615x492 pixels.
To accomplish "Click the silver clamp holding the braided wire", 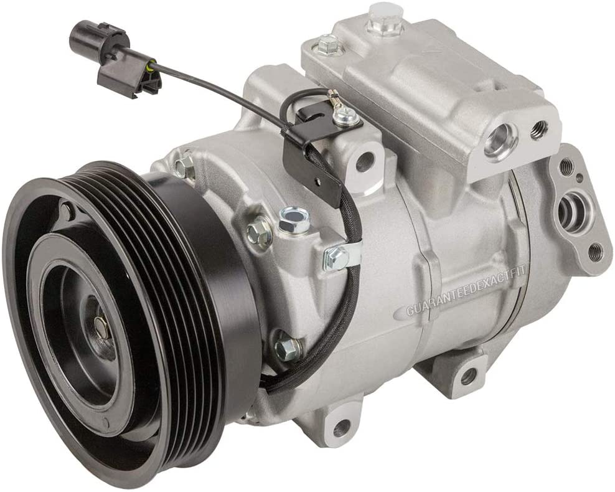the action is (340, 258).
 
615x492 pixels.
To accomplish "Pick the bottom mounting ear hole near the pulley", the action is (342, 424).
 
